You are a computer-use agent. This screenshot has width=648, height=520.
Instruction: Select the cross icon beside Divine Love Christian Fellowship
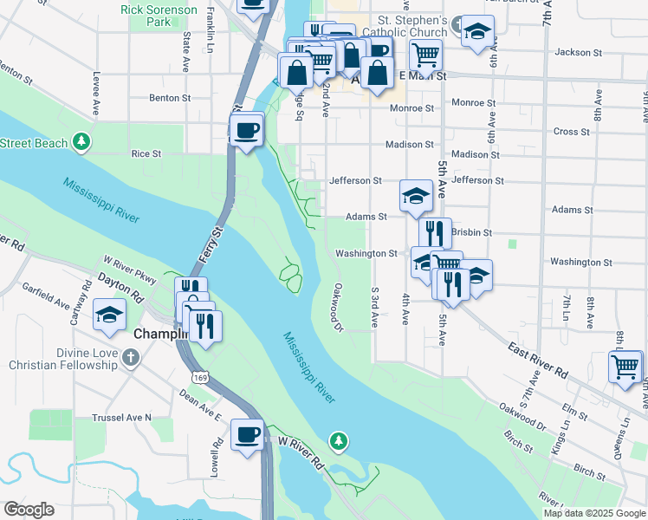(x=130, y=358)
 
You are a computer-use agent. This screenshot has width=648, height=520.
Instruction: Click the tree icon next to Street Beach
(x=81, y=140)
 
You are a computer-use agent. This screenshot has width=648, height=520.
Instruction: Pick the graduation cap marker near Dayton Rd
(x=109, y=314)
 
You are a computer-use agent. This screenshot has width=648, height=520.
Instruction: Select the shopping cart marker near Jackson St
(x=425, y=54)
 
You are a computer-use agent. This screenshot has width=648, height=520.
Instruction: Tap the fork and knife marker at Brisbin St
(x=435, y=232)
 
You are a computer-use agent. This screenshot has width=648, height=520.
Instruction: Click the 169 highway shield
(x=201, y=378)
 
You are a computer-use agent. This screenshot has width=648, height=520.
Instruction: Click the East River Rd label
(x=538, y=361)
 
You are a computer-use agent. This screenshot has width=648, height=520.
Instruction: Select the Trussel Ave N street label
(x=121, y=417)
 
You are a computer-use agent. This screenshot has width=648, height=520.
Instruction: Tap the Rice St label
(x=146, y=153)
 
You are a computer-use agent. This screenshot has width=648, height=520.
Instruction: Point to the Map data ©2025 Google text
(x=593, y=513)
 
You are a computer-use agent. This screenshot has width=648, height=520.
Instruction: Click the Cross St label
(x=571, y=132)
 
